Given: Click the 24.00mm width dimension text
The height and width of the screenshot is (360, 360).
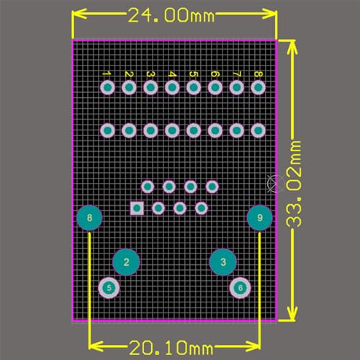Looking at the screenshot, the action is (171, 15).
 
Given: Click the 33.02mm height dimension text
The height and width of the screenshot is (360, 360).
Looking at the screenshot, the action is (294, 184).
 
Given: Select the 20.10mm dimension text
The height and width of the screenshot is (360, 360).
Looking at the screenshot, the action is (171, 348).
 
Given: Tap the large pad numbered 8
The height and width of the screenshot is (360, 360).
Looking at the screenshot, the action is (89, 218).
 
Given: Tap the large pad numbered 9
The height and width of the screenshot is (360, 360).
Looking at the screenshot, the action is (260, 217).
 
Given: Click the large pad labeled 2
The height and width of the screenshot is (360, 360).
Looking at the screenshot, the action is (126, 262).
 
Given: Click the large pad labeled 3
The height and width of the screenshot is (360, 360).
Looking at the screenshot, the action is (223, 262).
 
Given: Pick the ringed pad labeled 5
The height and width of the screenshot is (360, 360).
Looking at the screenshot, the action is (109, 288).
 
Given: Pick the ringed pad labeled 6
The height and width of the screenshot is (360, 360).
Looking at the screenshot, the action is (240, 288).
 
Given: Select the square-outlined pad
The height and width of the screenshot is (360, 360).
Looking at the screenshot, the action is (137, 208).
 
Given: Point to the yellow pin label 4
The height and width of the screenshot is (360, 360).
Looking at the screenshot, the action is (172, 74).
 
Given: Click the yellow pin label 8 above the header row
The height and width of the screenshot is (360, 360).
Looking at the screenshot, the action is (258, 74).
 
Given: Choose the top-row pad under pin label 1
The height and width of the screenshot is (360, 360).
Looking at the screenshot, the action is (107, 87).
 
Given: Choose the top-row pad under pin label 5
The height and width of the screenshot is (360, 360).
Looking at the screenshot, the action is (194, 87).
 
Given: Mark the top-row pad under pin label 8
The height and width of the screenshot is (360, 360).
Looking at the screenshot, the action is (258, 87).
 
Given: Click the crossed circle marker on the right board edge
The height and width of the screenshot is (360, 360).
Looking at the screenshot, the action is (275, 184).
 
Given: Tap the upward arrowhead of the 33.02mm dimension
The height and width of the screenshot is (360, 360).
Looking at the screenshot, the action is (292, 48).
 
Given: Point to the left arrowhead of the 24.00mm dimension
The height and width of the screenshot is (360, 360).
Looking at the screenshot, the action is (79, 14).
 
